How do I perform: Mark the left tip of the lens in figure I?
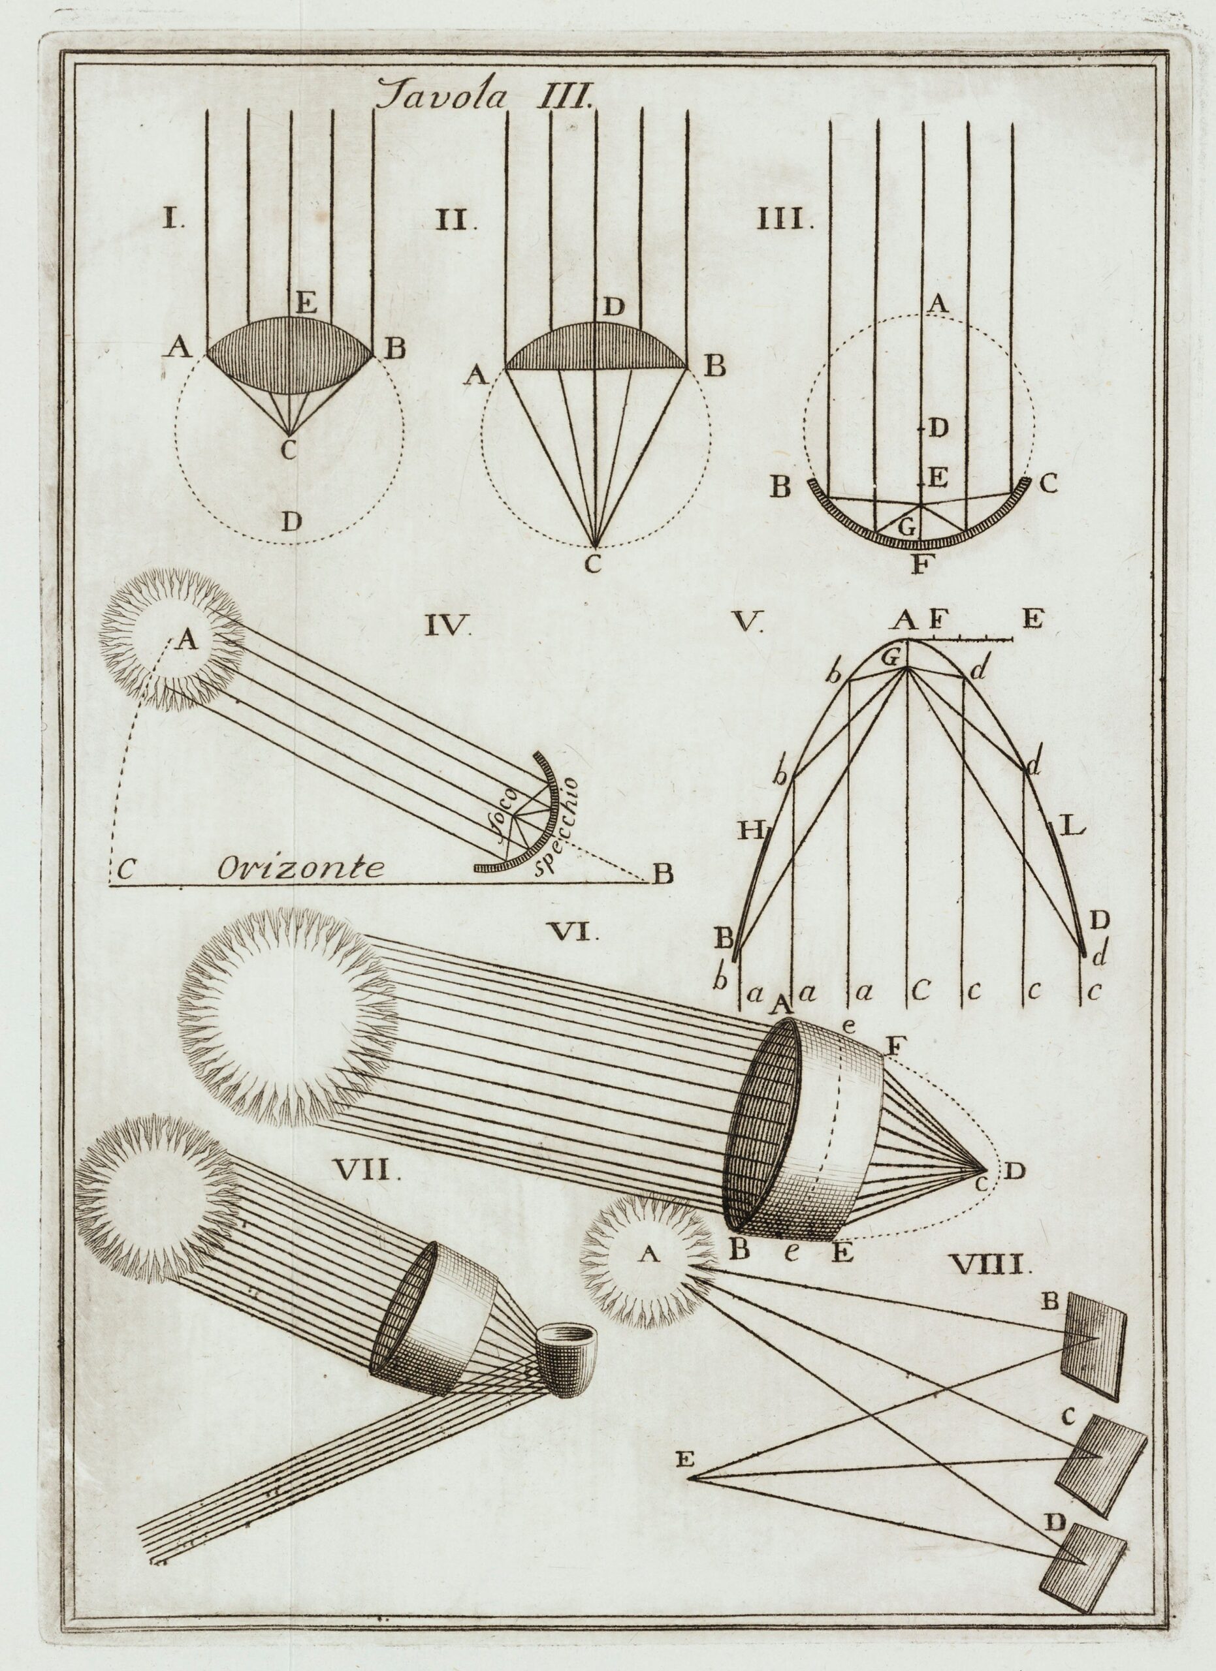[x=206, y=355]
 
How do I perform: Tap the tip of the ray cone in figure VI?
[x=987, y=1170]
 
